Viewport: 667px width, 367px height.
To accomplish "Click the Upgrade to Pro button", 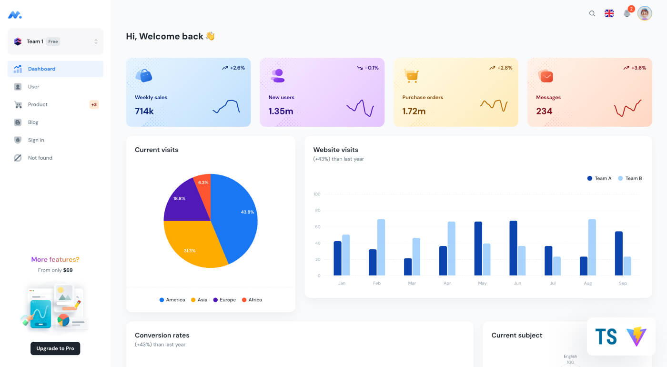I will [55, 348].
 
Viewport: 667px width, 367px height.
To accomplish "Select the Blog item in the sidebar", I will [33, 122].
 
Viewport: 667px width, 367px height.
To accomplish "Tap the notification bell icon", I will [627, 14].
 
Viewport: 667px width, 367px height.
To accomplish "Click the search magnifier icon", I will [592, 13].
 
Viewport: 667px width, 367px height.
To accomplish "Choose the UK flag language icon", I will [609, 13].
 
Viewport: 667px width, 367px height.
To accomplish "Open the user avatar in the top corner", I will [645, 13].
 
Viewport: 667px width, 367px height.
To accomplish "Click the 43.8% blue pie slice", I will [238, 214].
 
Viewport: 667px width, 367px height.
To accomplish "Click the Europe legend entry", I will [224, 300].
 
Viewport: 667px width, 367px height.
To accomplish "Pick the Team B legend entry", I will [630, 178].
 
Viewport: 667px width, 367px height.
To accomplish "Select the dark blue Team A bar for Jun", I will [513, 248].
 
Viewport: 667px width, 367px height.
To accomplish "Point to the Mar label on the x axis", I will [412, 283].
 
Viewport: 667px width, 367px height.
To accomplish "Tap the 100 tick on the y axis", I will [317, 194].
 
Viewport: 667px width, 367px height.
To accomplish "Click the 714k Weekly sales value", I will [144, 111].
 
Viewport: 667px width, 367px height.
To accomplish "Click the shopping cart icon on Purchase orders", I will [411, 76].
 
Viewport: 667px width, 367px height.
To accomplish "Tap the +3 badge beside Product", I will [94, 104].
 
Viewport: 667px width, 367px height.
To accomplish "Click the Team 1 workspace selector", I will [55, 41].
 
